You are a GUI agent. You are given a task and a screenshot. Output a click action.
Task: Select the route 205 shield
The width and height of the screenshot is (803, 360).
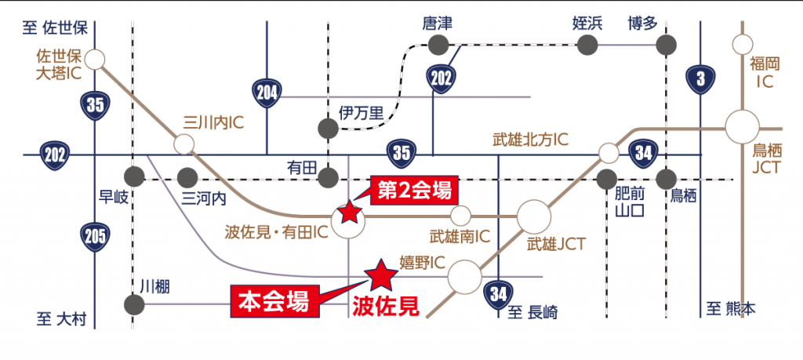(x=95, y=235)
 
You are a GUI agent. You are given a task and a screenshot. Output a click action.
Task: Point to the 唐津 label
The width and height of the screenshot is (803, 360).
(x=437, y=23)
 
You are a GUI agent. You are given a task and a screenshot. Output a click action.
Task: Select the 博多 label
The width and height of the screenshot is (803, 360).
(x=643, y=23)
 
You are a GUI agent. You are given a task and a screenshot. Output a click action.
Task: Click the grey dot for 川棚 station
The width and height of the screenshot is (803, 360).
(x=133, y=304)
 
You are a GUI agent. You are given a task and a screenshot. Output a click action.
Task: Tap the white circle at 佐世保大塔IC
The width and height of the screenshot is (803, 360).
(x=95, y=60)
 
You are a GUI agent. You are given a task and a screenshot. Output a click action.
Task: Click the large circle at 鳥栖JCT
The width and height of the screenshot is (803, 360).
(x=741, y=128)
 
